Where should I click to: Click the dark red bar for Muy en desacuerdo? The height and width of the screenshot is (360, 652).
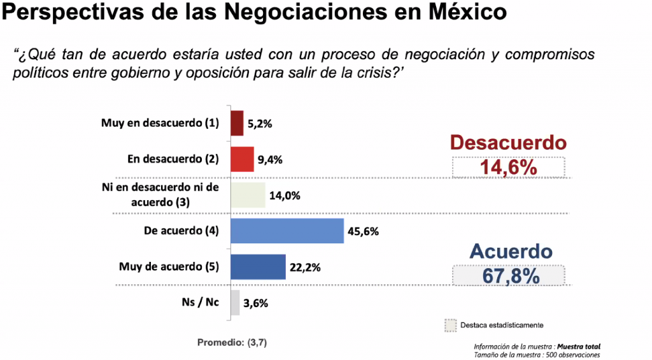point(236,123)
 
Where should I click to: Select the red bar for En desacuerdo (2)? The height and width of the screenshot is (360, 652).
point(242,159)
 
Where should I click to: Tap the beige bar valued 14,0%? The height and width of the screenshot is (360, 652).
point(247,195)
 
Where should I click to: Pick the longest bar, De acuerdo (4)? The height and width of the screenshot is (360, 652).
point(287,231)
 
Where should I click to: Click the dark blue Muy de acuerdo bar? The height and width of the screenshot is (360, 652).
point(257,267)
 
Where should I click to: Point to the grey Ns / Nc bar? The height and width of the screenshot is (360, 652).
point(234,303)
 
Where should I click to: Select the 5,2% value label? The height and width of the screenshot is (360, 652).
point(261,124)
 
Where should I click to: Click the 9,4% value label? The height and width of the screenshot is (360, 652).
point(271,160)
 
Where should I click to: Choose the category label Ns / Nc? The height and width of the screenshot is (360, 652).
point(199,302)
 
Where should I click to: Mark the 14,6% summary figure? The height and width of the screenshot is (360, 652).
point(507,168)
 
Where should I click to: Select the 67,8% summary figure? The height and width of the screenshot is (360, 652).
point(508,276)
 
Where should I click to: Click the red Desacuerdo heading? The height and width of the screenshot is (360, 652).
point(507,143)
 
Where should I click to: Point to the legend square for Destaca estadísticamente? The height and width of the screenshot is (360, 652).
point(451,324)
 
